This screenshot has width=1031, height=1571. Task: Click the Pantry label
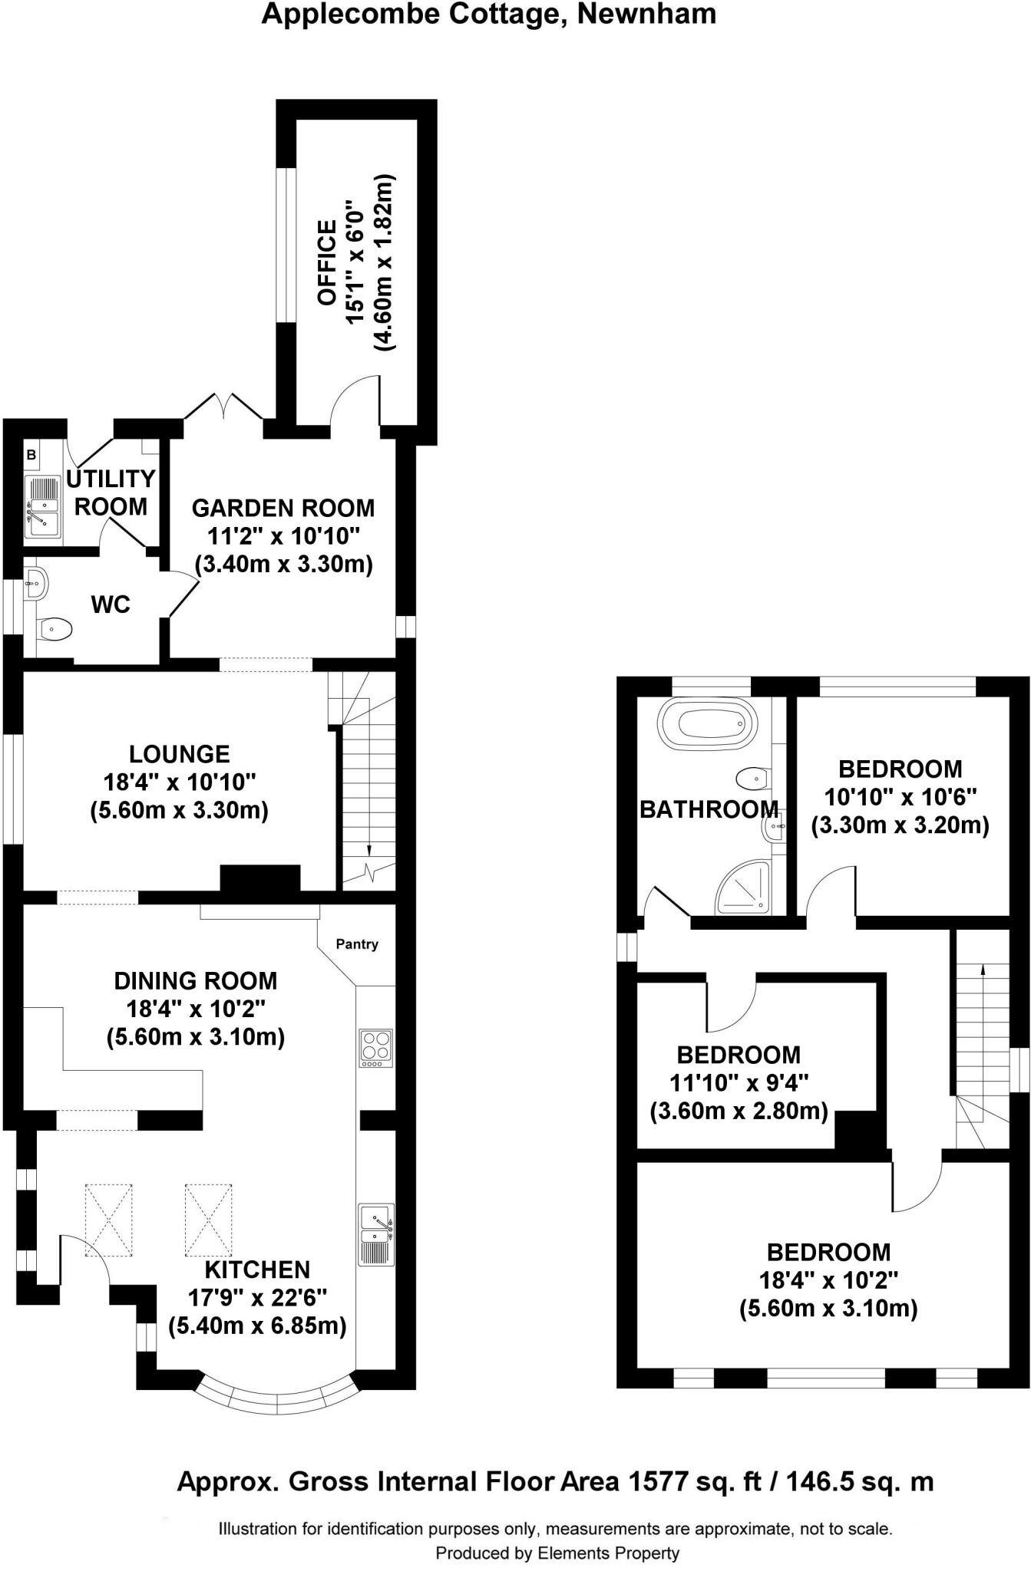click(357, 944)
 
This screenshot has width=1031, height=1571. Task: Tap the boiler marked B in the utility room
click(31, 455)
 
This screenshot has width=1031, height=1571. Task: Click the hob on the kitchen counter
click(376, 1048)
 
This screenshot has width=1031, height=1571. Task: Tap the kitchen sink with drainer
click(376, 1234)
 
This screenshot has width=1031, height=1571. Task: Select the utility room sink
click(43, 507)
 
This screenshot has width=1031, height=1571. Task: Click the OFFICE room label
click(328, 263)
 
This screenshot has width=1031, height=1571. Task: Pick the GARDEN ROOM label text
click(283, 508)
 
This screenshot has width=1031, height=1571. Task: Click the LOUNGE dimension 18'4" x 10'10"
click(180, 782)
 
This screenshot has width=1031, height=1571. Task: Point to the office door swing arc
click(355, 397)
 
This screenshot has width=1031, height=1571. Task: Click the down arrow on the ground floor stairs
click(369, 849)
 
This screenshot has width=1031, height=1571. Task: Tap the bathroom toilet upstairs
click(752, 779)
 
